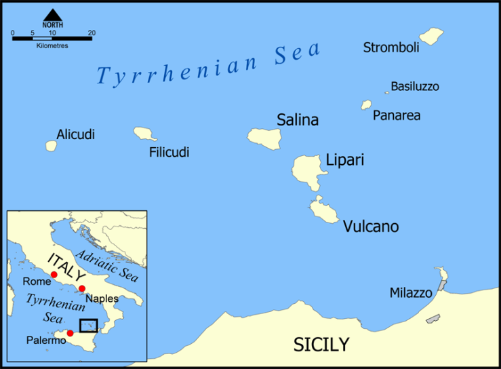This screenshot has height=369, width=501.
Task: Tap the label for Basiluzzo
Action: click(415, 87)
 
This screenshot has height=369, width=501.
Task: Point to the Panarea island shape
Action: click(366, 105)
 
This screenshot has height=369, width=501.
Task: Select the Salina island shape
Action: click(264, 138)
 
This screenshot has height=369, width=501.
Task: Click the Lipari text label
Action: click(345, 161)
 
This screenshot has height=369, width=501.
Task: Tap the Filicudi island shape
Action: click(145, 134)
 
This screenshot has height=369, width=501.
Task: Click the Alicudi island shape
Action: click(51, 146)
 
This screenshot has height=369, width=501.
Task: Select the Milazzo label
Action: click(410, 293)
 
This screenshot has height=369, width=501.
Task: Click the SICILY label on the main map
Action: click(321, 345)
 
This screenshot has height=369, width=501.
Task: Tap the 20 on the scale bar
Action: click(92, 33)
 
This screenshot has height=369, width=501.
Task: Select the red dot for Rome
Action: click(54, 275)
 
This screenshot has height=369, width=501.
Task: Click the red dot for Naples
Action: click(82, 289)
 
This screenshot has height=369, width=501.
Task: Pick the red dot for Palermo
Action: click(70, 333)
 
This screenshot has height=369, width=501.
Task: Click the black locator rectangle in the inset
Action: click(88, 326)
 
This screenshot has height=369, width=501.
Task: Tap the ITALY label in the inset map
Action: click(66, 267)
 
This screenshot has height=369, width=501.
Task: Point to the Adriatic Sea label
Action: click(107, 266)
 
